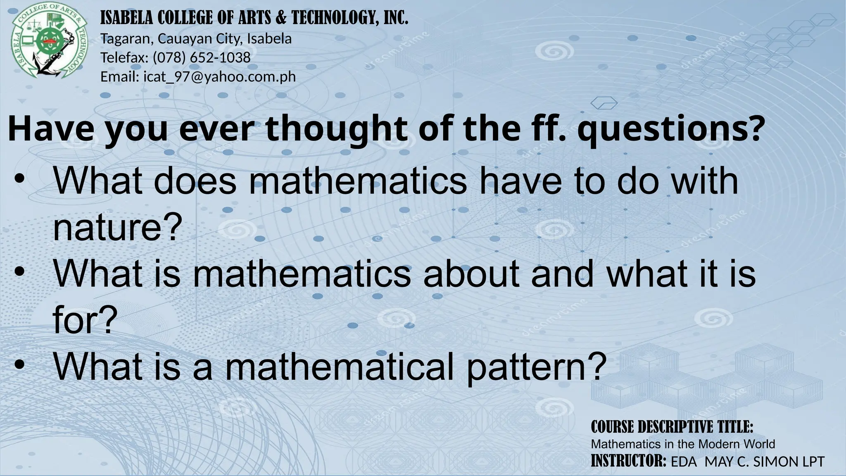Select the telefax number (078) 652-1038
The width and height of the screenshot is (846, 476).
coord(202,57)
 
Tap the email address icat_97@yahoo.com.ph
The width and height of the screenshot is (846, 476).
coord(219,76)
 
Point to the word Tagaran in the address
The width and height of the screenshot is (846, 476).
coord(127,39)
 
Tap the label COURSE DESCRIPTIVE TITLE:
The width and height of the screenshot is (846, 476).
coord(672,427)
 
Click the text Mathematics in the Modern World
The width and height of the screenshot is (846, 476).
coord(683,444)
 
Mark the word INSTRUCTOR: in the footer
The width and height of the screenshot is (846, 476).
coord(628,461)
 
